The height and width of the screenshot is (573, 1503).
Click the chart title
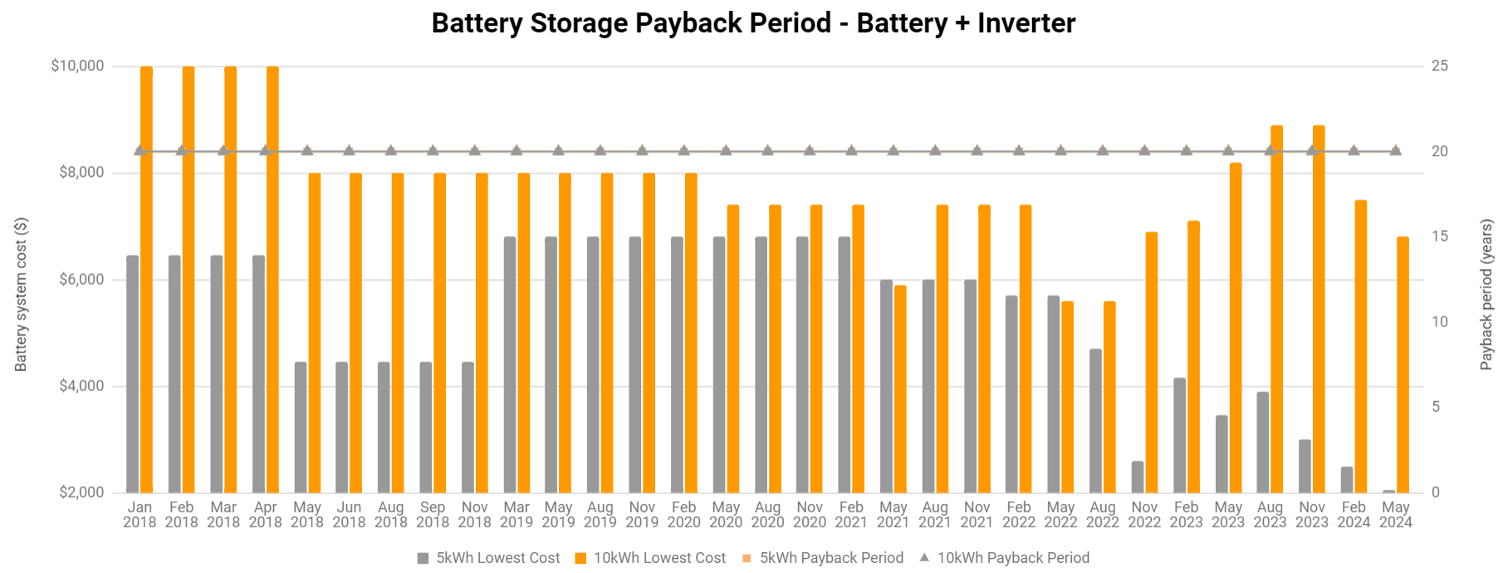[x=752, y=23]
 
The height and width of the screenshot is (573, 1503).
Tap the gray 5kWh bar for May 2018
[x=301, y=427]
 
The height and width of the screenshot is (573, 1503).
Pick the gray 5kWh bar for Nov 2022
[x=1138, y=477]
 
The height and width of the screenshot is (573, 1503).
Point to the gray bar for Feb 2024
[x=1347, y=480]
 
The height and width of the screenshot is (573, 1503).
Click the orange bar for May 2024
[x=1403, y=365]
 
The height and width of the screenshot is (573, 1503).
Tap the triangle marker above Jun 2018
[x=349, y=150]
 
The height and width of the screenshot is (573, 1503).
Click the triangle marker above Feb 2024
[x=1354, y=150]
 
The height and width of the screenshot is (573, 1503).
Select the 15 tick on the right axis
[x=1439, y=237]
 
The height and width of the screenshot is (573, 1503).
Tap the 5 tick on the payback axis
[x=1435, y=407]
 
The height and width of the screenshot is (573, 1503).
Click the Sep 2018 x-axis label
[x=433, y=514]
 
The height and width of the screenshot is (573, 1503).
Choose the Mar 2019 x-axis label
[x=517, y=514]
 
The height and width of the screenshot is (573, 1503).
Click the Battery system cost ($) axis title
[x=21, y=295]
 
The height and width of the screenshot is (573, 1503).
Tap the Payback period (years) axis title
[x=1486, y=295]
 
